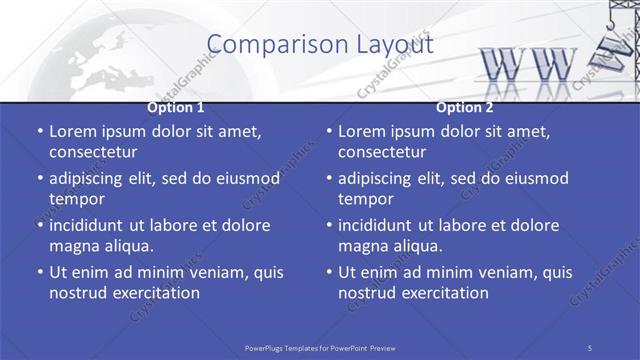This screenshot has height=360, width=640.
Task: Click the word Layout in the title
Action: tap(396, 44)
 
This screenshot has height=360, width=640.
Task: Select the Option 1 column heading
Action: tap(176, 107)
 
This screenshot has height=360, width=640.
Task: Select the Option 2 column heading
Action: tap(465, 107)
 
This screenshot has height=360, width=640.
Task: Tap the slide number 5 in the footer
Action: tap(590, 347)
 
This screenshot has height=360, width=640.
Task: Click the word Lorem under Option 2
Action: tap(361, 131)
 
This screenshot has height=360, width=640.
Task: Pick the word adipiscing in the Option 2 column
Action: tap(380, 178)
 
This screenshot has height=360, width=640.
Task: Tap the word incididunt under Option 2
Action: tap(380, 225)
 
